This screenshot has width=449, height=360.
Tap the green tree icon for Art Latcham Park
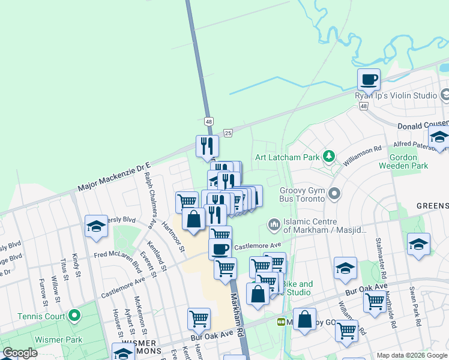[328, 157]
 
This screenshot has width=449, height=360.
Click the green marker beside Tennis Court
[74, 315]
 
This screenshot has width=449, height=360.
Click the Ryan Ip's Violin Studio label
[396, 95]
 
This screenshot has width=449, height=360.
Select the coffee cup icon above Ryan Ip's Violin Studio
[369, 79]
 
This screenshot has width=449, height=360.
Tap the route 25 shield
[228, 133]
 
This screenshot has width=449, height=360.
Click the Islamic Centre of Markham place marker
[274, 225]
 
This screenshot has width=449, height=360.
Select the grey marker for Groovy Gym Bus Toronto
[335, 194]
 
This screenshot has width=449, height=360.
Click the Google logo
[20, 353]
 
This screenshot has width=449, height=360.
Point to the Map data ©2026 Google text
[412, 355]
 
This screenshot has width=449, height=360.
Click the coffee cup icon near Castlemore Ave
[220, 248]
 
